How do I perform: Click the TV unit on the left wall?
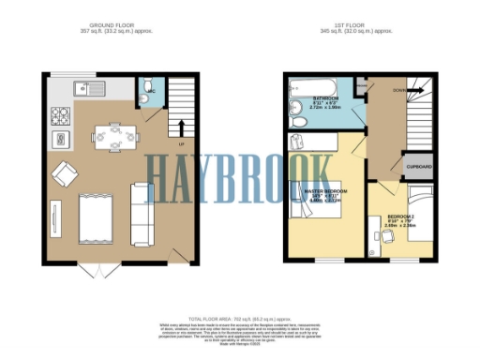pyautogui.click(x=53, y=217)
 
